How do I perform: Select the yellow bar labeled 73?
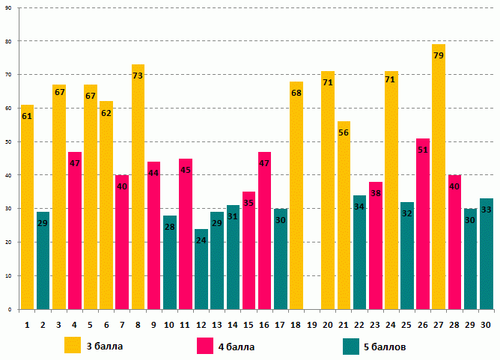click(138, 187)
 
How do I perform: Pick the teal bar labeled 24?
click(201, 269)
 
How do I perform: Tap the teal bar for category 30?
click(486, 254)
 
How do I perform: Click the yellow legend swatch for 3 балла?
click(73, 346)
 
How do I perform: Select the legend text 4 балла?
click(237, 347)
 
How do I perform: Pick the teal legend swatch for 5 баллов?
click(351, 347)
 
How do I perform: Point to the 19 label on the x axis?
click(312, 324)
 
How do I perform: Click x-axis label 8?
click(138, 324)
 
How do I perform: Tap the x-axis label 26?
click(423, 324)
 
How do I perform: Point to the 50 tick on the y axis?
click(7, 141)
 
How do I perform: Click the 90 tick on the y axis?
click(7, 7)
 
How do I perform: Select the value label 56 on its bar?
click(344, 132)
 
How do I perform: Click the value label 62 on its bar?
click(106, 113)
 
